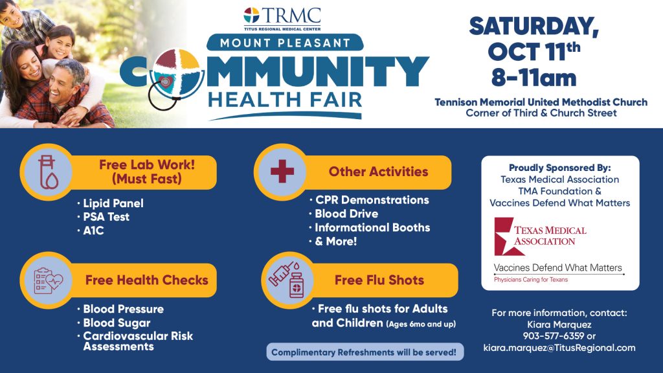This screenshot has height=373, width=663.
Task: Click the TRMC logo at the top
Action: pyautogui.click(x=282, y=19)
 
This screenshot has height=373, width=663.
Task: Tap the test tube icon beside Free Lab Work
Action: pyautogui.click(x=48, y=172)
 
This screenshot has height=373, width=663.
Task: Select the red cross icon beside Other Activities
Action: pyautogui.click(x=282, y=171)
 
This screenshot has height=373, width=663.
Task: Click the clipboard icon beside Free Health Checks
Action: pyautogui.click(x=48, y=280)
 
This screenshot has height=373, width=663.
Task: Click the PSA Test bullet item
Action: pyautogui.click(x=106, y=217)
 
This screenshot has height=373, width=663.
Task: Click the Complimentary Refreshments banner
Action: pyautogui.click(x=365, y=352)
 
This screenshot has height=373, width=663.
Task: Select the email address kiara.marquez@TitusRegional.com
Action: pyautogui.click(x=559, y=348)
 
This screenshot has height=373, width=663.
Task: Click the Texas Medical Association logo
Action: pyautogui.click(x=540, y=236)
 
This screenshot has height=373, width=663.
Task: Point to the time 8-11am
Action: pyautogui.click(x=534, y=78)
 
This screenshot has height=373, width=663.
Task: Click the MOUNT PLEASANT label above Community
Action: pyautogui.click(x=285, y=43)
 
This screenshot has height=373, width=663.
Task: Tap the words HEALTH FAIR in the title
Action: pyautogui.click(x=285, y=100)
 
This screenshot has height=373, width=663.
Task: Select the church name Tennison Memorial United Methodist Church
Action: pyautogui.click(x=541, y=102)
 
